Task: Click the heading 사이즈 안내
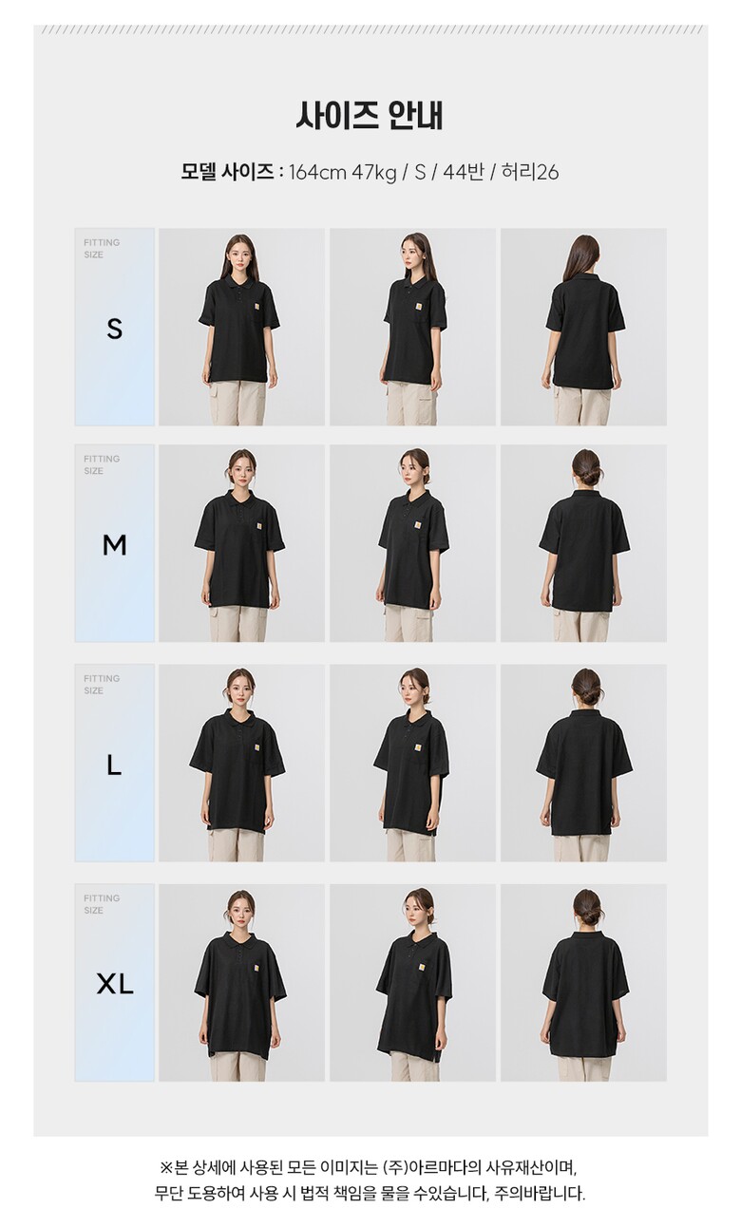click(370, 115)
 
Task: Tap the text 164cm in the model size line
click(317, 173)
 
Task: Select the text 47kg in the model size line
click(374, 173)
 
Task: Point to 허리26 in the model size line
click(530, 173)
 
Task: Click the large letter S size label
click(115, 329)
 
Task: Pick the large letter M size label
click(115, 545)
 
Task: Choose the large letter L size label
click(114, 765)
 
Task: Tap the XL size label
click(115, 984)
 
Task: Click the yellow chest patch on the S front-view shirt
click(257, 309)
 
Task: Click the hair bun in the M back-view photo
click(587, 477)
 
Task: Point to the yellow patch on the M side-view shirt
click(418, 526)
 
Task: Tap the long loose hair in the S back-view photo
click(583, 256)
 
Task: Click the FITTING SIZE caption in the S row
click(102, 249)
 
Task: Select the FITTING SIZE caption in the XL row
click(102, 904)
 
